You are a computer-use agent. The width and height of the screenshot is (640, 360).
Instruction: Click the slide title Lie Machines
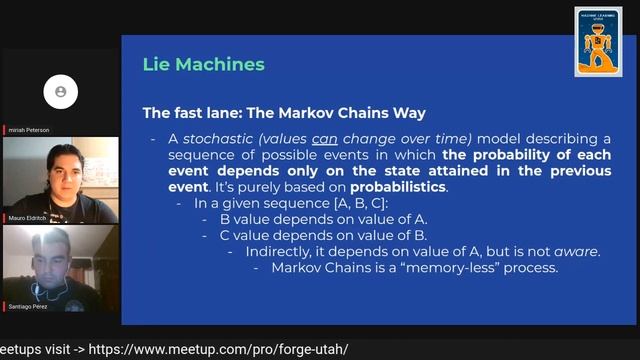[203, 65]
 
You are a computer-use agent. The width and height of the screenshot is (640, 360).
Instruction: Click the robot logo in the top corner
[598, 42]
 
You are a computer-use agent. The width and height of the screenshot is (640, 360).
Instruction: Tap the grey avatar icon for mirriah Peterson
[60, 92]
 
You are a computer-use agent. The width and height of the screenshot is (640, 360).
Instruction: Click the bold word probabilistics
[405, 187]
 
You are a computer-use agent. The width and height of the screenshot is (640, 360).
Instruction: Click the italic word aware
[578, 251]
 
